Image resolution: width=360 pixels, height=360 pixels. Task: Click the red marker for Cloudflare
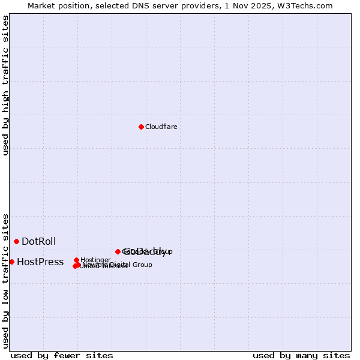[x=141, y=127]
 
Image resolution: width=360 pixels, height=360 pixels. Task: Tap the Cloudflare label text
[x=161, y=127]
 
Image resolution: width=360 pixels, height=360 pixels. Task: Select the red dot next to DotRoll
[x=16, y=241]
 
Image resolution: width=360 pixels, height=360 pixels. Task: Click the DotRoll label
[x=38, y=241]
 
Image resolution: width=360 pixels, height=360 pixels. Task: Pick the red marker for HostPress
[x=11, y=262]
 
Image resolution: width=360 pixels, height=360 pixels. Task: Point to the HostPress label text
[x=40, y=262]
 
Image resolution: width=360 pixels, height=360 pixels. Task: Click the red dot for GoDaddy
[x=118, y=251]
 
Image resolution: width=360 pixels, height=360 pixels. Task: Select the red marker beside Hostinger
[x=76, y=260]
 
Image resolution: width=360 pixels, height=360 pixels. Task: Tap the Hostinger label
[x=95, y=260]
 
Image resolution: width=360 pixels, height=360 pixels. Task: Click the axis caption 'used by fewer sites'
[x=62, y=355]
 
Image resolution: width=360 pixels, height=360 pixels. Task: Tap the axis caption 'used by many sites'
[x=301, y=355]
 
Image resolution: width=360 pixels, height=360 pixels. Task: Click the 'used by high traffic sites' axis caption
[x=6, y=85]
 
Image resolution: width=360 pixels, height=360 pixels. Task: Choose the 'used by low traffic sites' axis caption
[x=6, y=280]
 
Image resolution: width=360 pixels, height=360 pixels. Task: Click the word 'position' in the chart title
[x=75, y=5]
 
